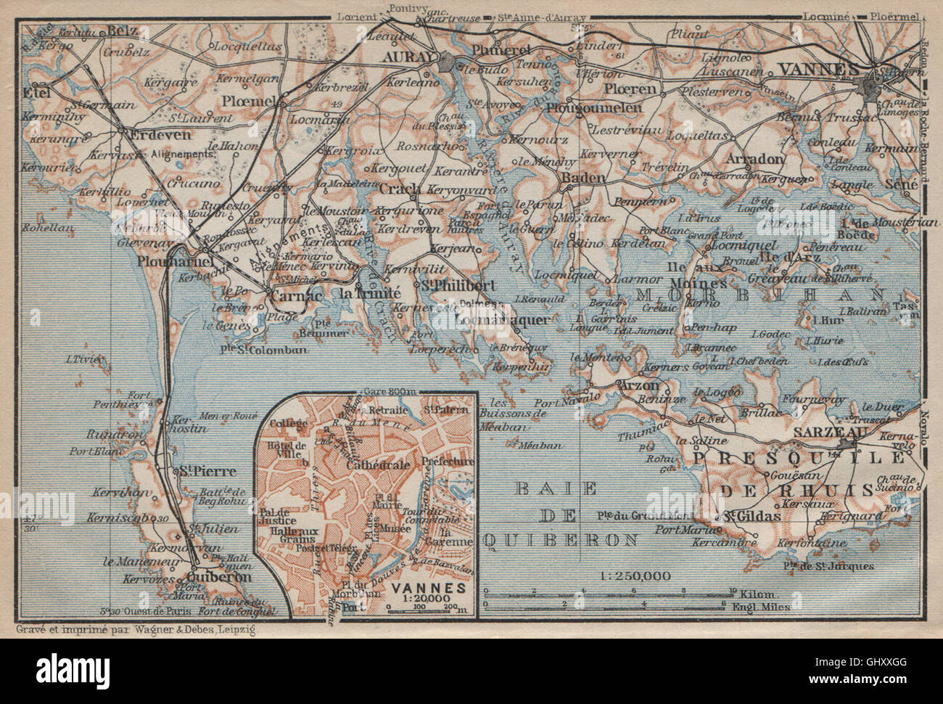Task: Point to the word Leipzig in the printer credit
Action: (x=241, y=626)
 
